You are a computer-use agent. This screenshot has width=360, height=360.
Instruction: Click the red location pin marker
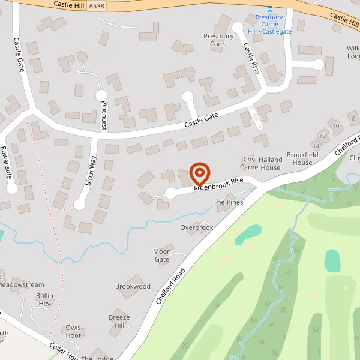[x=199, y=174]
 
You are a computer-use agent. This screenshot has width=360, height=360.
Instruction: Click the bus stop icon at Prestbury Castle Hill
[x=269, y=9]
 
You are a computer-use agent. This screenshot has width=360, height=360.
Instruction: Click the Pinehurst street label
[x=104, y=115]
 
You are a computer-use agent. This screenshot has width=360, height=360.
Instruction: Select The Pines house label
[x=229, y=202]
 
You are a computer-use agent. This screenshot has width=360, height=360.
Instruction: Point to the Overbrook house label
[x=197, y=227]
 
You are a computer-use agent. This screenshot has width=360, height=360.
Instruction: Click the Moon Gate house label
[x=162, y=256]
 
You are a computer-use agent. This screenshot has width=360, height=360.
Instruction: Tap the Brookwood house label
[x=133, y=286]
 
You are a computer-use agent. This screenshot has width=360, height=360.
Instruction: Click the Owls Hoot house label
[x=73, y=332]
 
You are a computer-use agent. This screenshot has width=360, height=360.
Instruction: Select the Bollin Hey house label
[x=45, y=299]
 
